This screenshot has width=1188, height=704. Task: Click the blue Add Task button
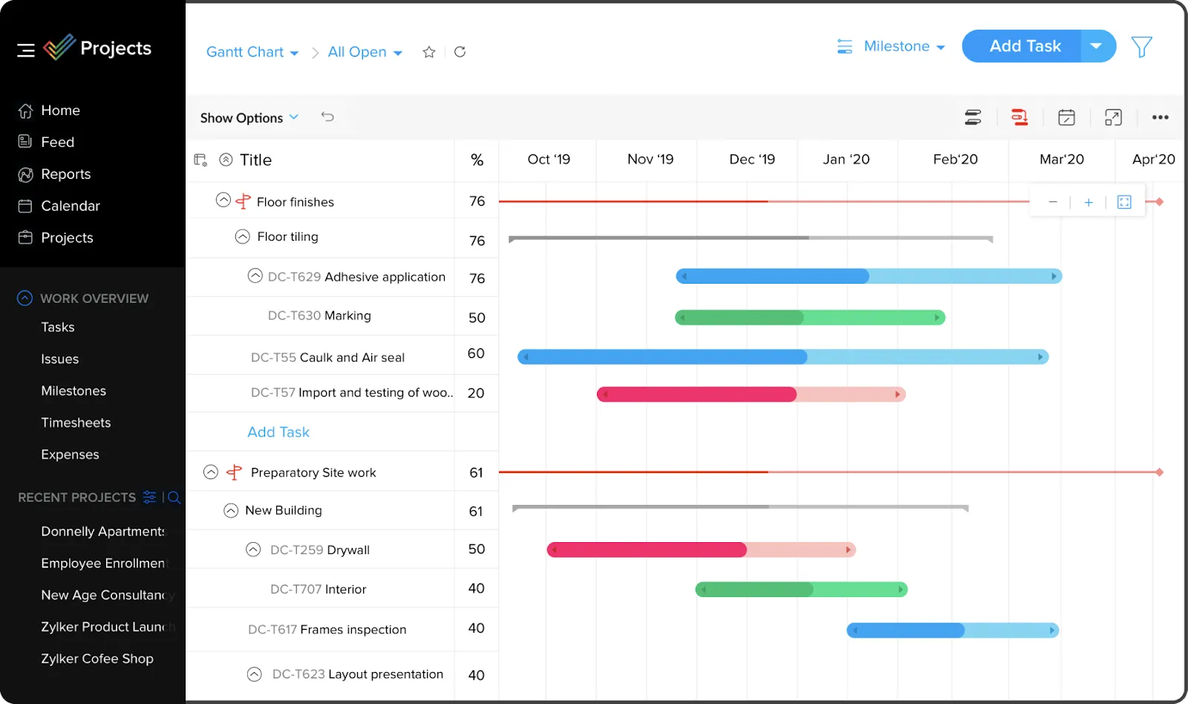1024,46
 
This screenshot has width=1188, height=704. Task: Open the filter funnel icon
1141,47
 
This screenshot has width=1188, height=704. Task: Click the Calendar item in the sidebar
70,206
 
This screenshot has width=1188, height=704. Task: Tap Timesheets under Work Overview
76,423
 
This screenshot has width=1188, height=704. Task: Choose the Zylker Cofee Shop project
97,659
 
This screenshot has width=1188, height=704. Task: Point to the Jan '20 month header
846,160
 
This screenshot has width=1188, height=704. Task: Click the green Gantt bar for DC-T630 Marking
809,318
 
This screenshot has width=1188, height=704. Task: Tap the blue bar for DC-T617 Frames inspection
952,630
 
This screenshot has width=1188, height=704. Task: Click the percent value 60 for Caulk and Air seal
476,353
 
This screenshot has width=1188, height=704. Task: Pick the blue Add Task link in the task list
278,432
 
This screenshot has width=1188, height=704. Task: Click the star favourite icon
428,52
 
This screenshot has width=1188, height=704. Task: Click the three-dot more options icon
1160,117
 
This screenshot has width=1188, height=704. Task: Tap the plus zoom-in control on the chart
1088,202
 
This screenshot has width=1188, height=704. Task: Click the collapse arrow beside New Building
231,511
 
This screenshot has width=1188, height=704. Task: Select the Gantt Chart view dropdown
252,52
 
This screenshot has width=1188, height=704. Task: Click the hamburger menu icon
26,50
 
